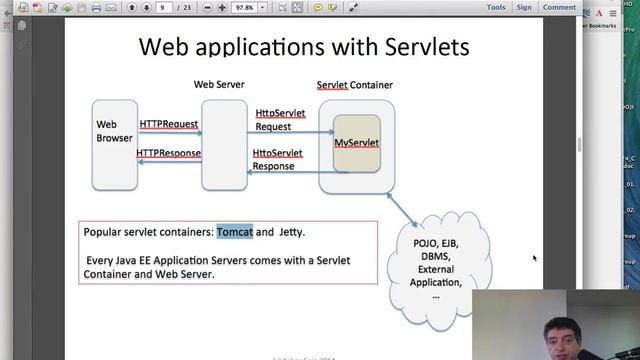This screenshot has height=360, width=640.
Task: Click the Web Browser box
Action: pyautogui.click(x=115, y=144)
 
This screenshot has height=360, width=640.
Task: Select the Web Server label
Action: pyautogui.click(x=219, y=85)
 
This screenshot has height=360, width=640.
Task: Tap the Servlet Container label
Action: pyautogui.click(x=354, y=85)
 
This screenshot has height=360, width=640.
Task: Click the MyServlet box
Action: pyautogui.click(x=356, y=144)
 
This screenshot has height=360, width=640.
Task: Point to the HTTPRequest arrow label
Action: pyautogui.click(x=169, y=124)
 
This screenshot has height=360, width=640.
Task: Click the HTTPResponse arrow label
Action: pyautogui.click(x=169, y=154)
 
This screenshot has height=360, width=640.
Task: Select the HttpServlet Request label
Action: pyautogui.click(x=280, y=120)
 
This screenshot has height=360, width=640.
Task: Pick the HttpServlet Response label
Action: pyautogui.click(x=277, y=159)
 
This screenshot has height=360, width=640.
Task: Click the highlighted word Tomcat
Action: pyautogui.click(x=234, y=232)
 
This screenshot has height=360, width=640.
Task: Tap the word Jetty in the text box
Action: pyautogui.click(x=291, y=232)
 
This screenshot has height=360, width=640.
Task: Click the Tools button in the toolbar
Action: pyautogui.click(x=496, y=7)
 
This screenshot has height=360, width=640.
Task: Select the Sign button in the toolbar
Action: pyautogui.click(x=524, y=7)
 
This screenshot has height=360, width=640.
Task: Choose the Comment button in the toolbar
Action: pyautogui.click(x=559, y=7)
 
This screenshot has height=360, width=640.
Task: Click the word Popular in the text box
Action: pyautogui.click(x=105, y=232)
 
